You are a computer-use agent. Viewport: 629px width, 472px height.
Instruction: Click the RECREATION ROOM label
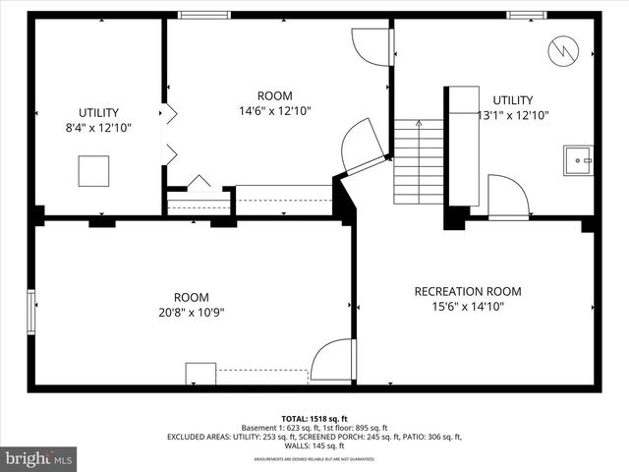[x=467, y=291]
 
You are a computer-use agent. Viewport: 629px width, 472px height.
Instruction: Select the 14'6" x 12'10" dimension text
[x=275, y=111]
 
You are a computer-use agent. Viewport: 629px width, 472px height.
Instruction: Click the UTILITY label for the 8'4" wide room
[x=98, y=113]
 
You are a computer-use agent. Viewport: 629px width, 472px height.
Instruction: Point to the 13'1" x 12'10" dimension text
[x=512, y=115]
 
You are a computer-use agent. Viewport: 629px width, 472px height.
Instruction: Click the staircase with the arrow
[x=419, y=161]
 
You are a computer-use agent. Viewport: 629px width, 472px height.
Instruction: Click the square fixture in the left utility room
[x=94, y=172]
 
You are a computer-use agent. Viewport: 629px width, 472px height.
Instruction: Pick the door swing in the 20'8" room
[x=333, y=361]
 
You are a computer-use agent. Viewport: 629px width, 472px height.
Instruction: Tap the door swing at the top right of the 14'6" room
[x=373, y=47]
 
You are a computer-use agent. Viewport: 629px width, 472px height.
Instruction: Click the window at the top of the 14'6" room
[x=203, y=15]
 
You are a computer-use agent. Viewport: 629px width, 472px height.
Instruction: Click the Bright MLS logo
[x=38, y=457]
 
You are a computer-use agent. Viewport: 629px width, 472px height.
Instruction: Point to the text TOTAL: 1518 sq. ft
[x=314, y=418]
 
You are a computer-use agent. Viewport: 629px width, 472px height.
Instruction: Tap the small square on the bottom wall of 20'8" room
[x=200, y=374]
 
